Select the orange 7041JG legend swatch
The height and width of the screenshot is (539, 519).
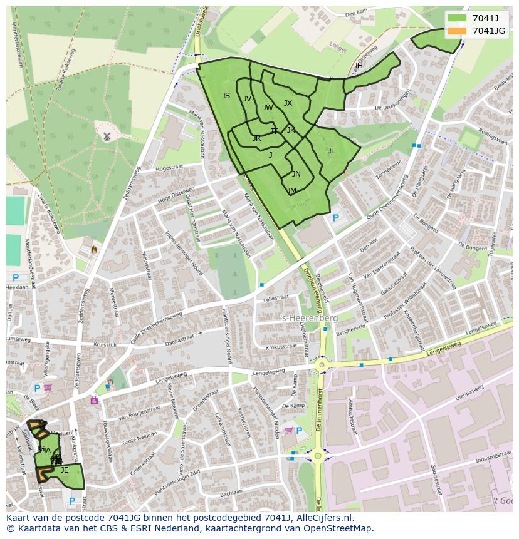tap(457, 31)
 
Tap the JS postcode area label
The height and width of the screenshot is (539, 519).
tap(226, 96)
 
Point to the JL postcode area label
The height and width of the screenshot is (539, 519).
tap(331, 151)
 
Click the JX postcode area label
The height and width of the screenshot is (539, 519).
tap(288, 103)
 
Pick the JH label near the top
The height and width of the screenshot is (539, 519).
tap(358, 66)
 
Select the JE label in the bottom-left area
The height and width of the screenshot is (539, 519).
tap(65, 470)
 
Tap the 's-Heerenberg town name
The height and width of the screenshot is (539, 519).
tap(310, 318)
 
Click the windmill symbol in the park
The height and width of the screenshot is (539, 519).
tap(107, 136)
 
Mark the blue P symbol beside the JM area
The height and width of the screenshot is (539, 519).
tap(335, 218)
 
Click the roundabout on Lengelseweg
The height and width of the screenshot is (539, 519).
tap(322, 364)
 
